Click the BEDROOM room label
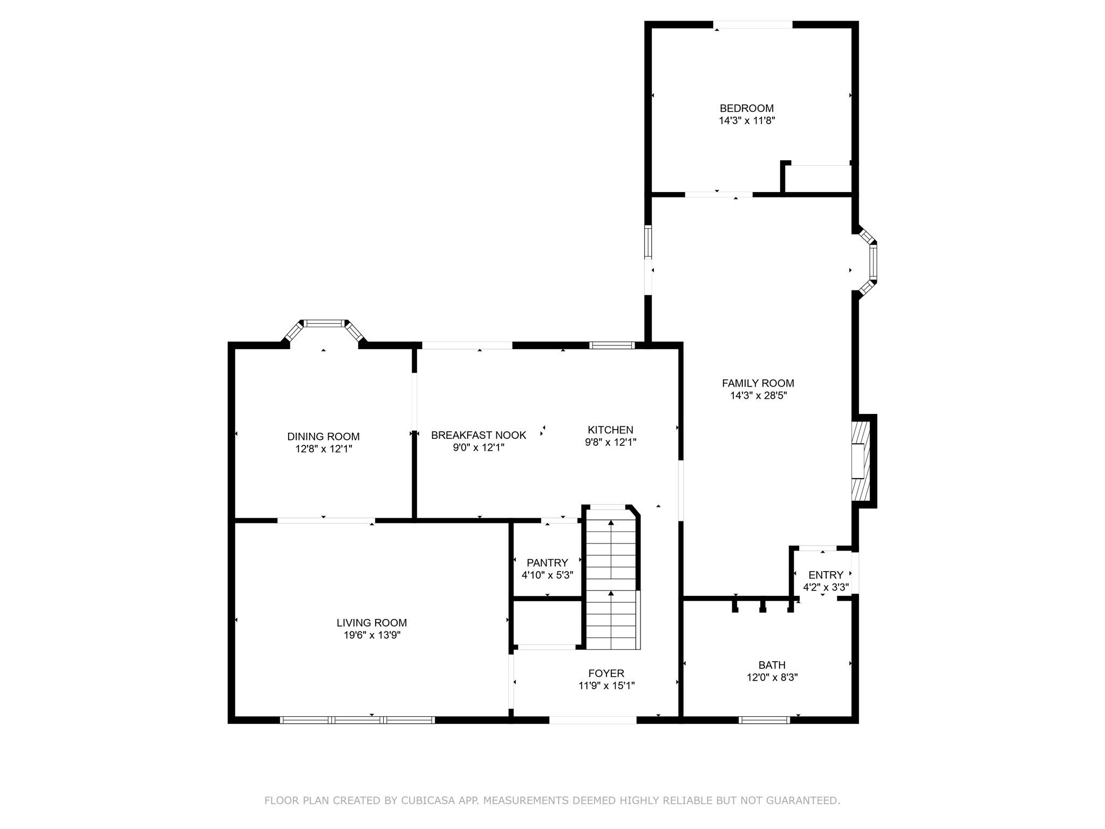746,108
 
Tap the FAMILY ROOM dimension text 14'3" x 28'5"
758,396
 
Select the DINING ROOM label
323,437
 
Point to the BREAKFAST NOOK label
478,435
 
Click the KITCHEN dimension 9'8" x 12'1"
610,443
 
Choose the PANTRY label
547,563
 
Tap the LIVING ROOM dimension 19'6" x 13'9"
372,635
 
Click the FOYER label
606,674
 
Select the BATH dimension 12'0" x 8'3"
772,677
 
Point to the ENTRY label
826,575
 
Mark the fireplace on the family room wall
862,461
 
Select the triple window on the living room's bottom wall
357,719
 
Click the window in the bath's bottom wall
764,719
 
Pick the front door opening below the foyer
592,719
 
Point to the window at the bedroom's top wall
753,25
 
